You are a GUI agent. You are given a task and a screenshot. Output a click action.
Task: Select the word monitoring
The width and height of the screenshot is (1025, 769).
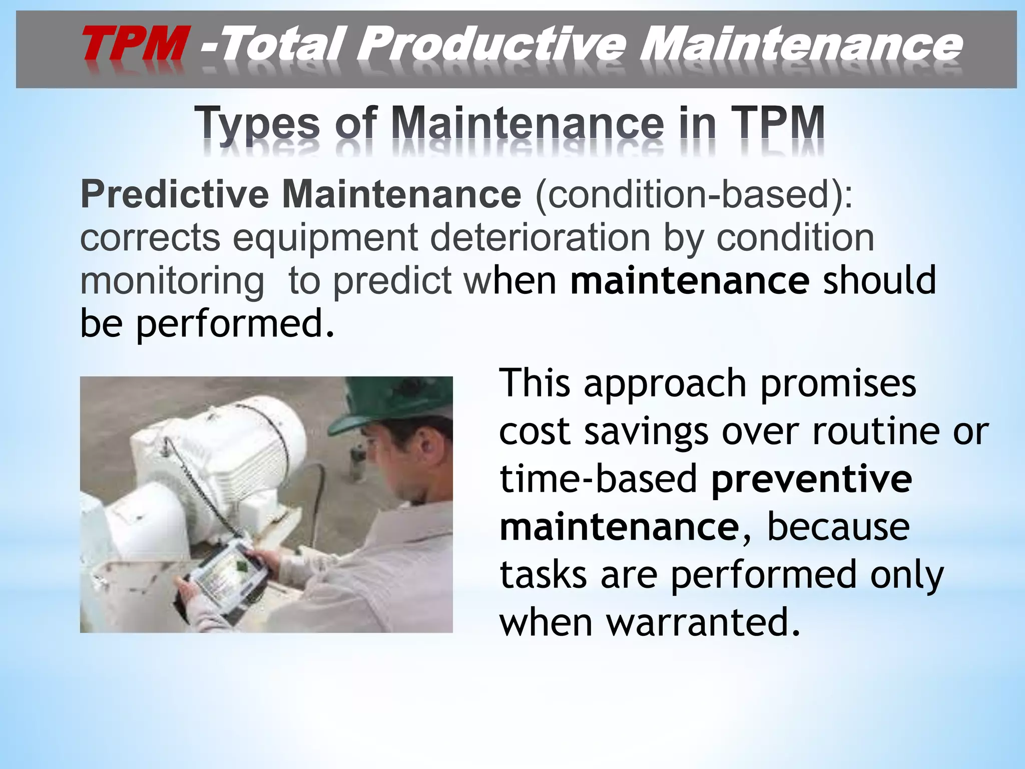172,281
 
